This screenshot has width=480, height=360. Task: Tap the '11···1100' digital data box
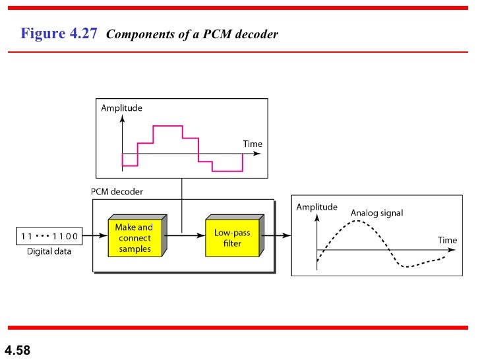point(49,235)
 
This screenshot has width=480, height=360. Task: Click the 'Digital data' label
point(49,251)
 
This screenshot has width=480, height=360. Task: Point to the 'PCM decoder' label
point(117,191)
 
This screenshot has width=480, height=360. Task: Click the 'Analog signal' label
point(376,213)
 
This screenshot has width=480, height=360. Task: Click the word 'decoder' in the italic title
point(255,34)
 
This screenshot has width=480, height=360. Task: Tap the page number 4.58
point(18,349)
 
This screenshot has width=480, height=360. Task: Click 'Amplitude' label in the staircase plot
point(121,107)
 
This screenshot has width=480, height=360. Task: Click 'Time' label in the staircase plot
point(253,144)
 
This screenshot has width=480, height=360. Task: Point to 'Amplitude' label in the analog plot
point(316,207)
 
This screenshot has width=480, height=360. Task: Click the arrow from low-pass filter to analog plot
point(277,235)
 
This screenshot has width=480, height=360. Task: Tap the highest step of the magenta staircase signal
point(167,125)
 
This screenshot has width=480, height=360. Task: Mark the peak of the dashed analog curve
point(357,221)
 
